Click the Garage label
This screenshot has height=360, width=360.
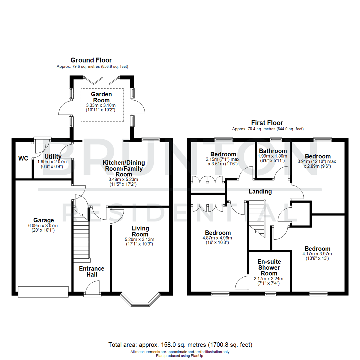pyautogui.click(x=43, y=220)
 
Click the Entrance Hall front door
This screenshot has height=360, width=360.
pyautogui.click(x=92, y=288)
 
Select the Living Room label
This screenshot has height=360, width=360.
pyautogui.click(x=140, y=231)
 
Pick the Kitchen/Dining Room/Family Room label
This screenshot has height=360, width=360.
pyautogui.click(x=124, y=168)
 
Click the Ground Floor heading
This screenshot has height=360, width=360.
pyautogui.click(x=91, y=60)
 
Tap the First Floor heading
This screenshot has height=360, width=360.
pyautogui.click(x=268, y=123)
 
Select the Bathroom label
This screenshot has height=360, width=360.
pyautogui.click(x=273, y=151)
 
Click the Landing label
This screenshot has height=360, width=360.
pyautogui.click(x=260, y=191)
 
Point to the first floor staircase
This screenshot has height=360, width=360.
pyautogui.click(x=256, y=217)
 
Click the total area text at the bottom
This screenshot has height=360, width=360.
pyautogui.click(x=180, y=344)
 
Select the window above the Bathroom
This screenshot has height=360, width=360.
pyautogui.click(x=276, y=139)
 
